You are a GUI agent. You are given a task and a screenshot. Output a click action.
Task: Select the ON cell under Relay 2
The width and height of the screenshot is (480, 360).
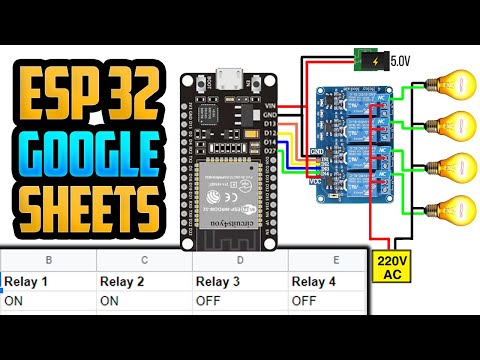point(110,299)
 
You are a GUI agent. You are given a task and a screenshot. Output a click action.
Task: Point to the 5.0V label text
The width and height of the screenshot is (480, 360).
point(401,60)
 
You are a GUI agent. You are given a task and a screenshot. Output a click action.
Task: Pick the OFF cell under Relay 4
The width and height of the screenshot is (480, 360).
point(305,299)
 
